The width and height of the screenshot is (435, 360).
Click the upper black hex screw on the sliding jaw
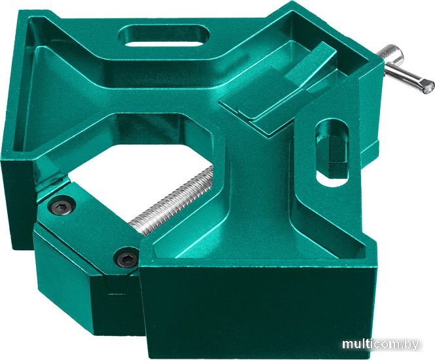pos(61,206)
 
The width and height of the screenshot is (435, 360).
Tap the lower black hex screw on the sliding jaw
pos(126,259)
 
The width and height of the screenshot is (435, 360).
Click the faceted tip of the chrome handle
pos(427,85)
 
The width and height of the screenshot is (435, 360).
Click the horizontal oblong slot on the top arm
pos(164,37)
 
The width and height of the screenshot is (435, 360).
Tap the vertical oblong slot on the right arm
pos(332,153)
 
